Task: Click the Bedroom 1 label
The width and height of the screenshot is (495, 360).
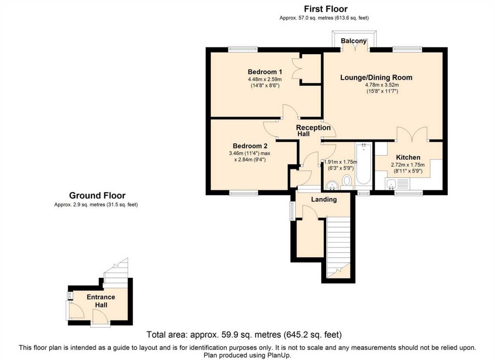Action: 265,72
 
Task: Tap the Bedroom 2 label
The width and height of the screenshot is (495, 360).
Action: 250,146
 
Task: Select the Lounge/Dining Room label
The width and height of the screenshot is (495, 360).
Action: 376,78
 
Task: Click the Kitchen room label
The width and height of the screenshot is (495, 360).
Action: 408,157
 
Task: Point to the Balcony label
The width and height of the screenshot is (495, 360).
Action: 353,41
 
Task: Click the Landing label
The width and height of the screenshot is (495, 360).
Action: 324,200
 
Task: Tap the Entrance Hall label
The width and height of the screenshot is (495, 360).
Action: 101,301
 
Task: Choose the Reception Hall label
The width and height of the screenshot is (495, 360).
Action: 313,130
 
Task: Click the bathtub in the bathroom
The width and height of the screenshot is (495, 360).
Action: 364,163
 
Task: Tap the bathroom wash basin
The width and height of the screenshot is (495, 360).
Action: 332,186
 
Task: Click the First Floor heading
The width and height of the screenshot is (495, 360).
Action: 326,9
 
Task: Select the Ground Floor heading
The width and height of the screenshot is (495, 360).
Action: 97,196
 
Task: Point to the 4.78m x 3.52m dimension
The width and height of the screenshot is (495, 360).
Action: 382,85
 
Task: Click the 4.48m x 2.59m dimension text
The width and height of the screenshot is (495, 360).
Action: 265,79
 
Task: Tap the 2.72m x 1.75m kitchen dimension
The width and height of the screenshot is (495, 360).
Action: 408,165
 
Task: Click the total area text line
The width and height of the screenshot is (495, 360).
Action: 244,334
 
